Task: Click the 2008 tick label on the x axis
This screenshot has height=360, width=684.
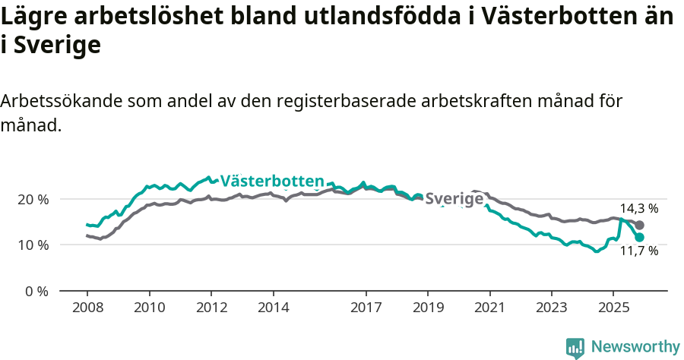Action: (x=87, y=308)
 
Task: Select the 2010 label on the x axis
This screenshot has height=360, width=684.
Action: (x=149, y=308)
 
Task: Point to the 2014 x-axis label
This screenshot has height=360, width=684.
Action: (x=273, y=308)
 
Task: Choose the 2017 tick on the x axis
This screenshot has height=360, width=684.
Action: (x=366, y=308)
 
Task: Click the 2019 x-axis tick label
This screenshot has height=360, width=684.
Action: (x=428, y=308)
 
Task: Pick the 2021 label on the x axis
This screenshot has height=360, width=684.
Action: (x=489, y=308)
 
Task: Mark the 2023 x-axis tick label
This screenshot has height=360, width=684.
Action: (x=552, y=308)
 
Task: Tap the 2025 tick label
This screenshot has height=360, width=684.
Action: (x=613, y=308)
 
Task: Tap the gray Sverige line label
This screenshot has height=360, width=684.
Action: (x=454, y=199)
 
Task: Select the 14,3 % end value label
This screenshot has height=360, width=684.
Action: (x=638, y=208)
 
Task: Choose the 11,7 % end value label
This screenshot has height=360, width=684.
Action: (x=638, y=251)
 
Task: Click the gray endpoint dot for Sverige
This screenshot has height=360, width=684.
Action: (x=640, y=225)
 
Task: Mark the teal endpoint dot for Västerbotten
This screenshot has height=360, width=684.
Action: (x=640, y=237)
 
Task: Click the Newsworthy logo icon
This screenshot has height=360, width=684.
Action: (x=575, y=348)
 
